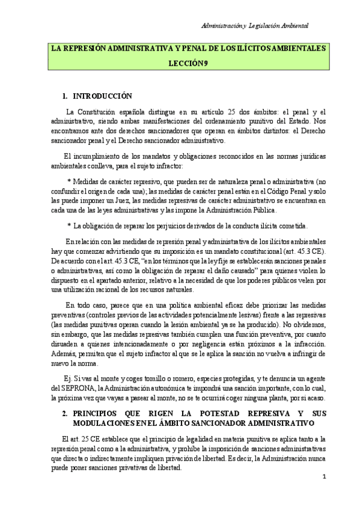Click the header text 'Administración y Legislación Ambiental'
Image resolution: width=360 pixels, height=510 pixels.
255,26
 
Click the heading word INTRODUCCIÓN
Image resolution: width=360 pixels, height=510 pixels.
102,96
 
